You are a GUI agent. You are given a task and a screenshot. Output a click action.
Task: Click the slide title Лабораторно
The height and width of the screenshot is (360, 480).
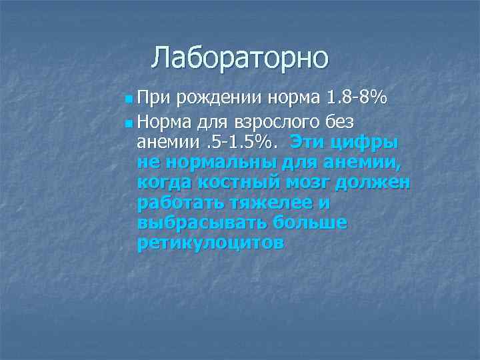click(239, 58)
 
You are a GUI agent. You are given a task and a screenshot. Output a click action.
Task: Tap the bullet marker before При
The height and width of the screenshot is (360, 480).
click(128, 100)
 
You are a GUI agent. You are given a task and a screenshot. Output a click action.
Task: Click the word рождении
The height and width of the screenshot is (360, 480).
click(214, 100)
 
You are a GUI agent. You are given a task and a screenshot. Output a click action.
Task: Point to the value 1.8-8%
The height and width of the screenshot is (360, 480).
click(356, 99)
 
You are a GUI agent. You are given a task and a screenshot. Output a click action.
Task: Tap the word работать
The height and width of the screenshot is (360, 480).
click(178, 202)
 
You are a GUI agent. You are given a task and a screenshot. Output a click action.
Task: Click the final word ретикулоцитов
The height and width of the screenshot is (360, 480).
click(210, 242)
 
